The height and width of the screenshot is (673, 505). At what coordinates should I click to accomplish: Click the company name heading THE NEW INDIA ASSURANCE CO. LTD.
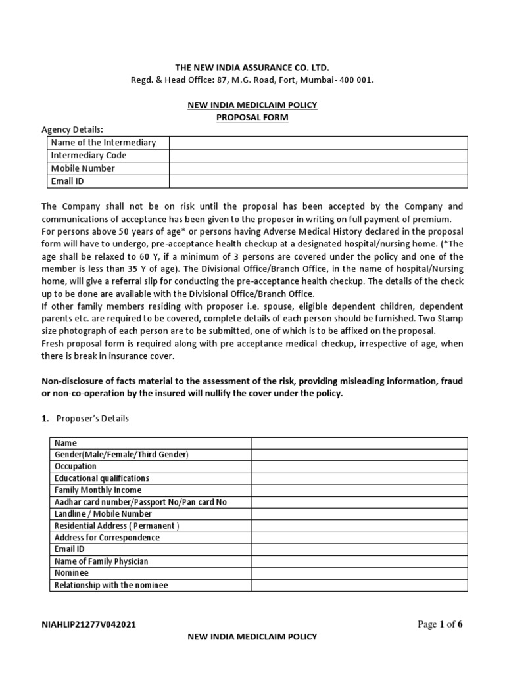[x=252, y=68]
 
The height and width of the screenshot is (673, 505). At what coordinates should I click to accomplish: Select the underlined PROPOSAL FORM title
[x=252, y=117]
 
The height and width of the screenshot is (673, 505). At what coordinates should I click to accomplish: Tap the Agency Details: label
[x=72, y=129]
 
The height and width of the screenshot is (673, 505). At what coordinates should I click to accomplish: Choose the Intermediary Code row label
[x=89, y=156]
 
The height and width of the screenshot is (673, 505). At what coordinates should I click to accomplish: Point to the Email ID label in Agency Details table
[x=68, y=181]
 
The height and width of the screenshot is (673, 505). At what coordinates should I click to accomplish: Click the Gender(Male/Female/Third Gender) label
[x=121, y=455]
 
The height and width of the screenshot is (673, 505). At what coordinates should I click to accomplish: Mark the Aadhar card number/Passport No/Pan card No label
[x=140, y=502]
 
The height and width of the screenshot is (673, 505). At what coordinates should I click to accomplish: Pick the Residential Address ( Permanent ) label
[x=116, y=526]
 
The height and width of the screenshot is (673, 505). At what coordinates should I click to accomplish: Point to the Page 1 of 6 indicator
[x=441, y=624]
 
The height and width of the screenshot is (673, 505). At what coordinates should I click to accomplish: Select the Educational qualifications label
[x=102, y=478]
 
